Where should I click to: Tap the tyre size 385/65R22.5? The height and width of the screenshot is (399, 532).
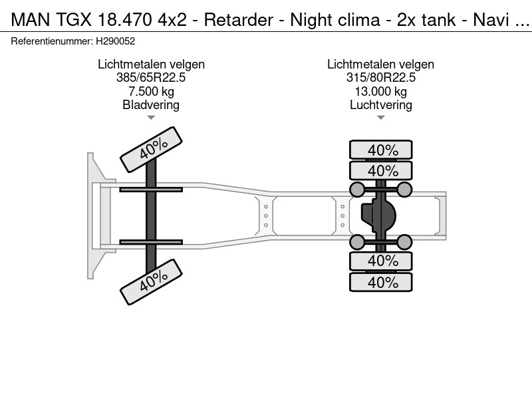pos(151,78)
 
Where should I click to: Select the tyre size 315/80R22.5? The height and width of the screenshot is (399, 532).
pos(380,78)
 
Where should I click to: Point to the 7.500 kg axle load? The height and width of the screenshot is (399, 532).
pos(151,91)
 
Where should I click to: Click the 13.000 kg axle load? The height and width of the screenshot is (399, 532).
pos(380,91)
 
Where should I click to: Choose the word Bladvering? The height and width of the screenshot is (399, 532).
pos(151,105)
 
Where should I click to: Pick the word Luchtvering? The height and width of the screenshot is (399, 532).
pos(380,105)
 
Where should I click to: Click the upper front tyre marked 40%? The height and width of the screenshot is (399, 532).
pos(151,150)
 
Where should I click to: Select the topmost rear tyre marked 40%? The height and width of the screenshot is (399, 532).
pos(382,150)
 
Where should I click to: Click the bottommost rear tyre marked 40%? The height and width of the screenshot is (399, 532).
pos(382,282)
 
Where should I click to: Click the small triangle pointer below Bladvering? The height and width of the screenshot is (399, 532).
pos(151,118)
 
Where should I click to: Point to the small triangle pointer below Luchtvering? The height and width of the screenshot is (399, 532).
pos(380,118)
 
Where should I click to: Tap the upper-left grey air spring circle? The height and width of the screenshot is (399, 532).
pos(358,190)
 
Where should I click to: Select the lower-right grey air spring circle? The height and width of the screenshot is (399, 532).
pos(404,241)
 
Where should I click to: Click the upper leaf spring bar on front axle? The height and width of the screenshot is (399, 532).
pos(151,190)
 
